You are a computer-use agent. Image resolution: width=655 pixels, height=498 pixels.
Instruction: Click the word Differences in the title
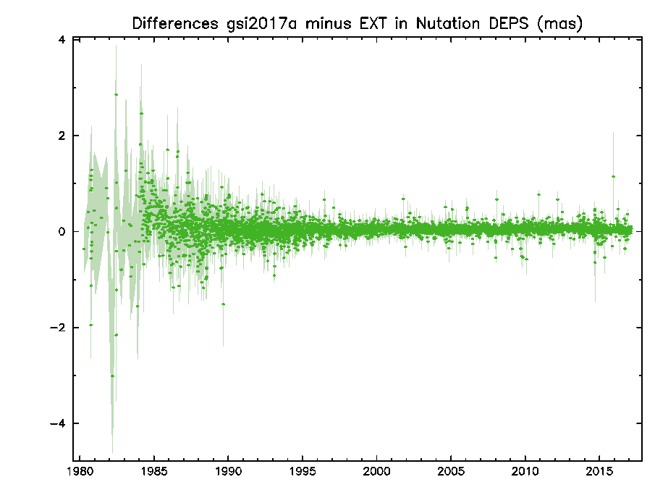[x=175, y=23]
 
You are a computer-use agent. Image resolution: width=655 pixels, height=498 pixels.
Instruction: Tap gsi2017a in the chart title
[x=261, y=24]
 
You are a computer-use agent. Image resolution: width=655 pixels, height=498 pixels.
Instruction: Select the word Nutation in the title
[x=447, y=23]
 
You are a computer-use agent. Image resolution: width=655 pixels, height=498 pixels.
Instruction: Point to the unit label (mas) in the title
[x=559, y=24]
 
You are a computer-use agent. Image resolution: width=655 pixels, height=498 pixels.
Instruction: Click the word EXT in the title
[x=373, y=23]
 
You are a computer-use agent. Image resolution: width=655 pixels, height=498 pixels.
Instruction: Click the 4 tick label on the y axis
[x=62, y=40]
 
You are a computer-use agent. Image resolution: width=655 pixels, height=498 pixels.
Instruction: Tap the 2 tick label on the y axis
[x=62, y=136]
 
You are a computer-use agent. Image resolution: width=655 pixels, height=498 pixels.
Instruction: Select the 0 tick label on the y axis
[x=62, y=231]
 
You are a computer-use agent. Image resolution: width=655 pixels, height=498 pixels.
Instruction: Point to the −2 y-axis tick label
[x=58, y=327]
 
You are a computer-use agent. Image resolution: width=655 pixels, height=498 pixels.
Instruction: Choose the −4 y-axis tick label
[x=58, y=423]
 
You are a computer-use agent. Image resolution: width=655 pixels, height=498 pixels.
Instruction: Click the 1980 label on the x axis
[x=80, y=472]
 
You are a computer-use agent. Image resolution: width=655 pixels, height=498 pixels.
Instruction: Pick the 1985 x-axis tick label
[x=154, y=472]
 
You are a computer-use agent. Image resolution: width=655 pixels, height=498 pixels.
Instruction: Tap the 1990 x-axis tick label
[x=228, y=472]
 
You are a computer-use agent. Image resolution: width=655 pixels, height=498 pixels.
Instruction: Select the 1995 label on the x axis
[x=303, y=472]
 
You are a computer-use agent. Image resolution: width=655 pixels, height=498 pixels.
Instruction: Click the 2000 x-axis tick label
[x=376, y=472]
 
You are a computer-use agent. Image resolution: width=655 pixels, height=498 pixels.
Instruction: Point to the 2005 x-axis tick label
[x=451, y=472]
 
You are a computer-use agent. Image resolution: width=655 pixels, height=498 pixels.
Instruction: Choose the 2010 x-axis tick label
[x=525, y=472]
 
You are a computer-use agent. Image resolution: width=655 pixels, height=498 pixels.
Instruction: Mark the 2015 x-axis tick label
[x=599, y=472]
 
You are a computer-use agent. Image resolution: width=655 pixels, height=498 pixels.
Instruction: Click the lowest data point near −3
[x=112, y=375]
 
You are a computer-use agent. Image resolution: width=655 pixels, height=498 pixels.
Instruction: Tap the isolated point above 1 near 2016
[x=613, y=177]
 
